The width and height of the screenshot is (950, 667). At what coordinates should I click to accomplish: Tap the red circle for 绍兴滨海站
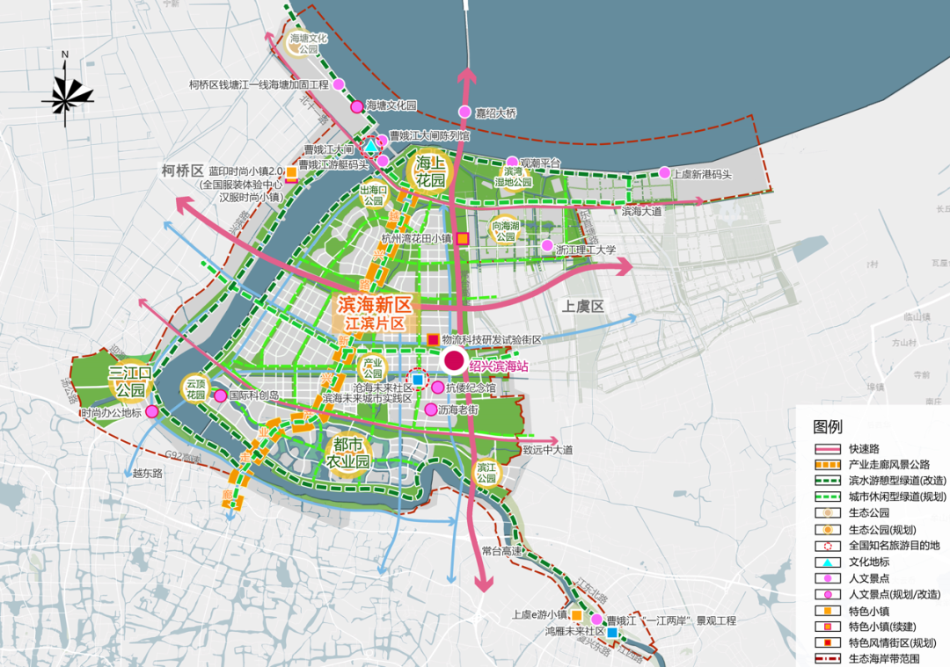point(454,360)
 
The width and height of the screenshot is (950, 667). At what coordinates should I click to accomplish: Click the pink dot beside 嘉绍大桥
point(464,112)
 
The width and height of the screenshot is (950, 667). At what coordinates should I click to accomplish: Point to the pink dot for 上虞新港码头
point(665,172)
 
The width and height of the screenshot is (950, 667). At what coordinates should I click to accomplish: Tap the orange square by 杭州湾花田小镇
point(463,237)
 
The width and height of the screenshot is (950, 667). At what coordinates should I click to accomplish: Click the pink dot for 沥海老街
point(431,409)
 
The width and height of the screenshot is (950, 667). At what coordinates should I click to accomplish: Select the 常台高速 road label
point(502,551)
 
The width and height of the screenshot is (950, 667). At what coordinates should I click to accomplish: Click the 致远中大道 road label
point(547,450)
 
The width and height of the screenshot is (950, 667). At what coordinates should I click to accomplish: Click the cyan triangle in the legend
point(827,562)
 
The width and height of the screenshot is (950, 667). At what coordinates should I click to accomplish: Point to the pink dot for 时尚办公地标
point(152,411)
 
